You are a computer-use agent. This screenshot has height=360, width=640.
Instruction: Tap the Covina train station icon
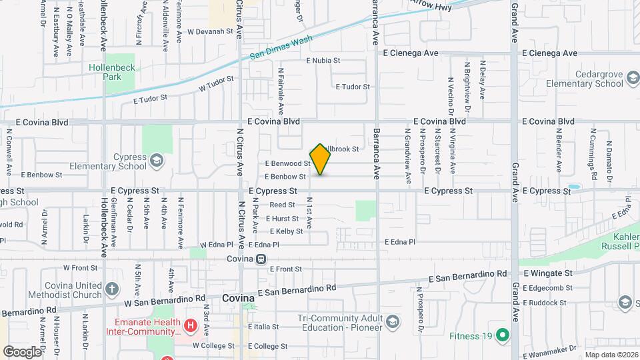click(x=261, y=259)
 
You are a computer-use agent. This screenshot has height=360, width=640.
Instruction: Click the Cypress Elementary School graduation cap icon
click(x=155, y=159)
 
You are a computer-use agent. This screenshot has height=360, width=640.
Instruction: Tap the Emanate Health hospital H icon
click(x=191, y=325)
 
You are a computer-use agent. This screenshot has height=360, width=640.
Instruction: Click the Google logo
click(x=23, y=351)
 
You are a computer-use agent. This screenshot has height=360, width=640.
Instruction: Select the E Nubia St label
click(x=323, y=60)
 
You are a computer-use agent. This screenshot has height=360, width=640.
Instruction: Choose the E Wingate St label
click(x=548, y=273)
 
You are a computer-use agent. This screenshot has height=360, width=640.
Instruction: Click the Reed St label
click(x=282, y=205)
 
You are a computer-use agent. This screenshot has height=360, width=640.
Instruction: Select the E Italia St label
click(x=263, y=327)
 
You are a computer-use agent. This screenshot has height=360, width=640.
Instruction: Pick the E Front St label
click(x=286, y=269)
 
